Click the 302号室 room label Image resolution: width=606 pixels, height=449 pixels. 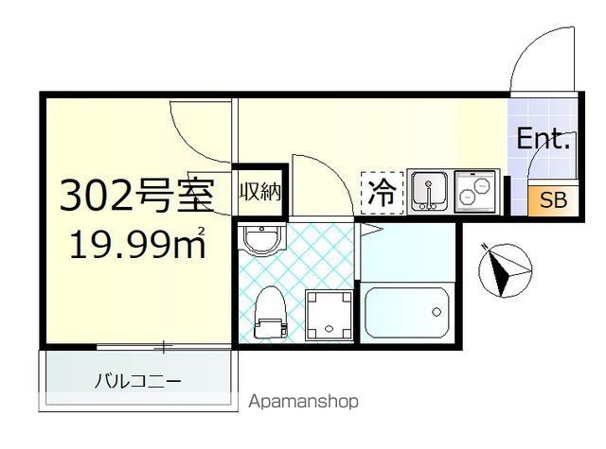pyautogui.click(x=136, y=197)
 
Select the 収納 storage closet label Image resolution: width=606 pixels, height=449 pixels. pyautogui.click(x=260, y=191)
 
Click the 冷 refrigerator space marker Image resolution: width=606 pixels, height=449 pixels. pyautogui.click(x=382, y=193)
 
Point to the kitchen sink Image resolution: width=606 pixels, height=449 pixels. pyautogui.click(x=429, y=191)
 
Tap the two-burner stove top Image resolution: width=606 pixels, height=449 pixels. pyautogui.click(x=475, y=191)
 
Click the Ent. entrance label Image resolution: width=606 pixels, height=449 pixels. pyautogui.click(x=543, y=139)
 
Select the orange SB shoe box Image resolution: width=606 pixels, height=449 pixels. pyautogui.click(x=553, y=201)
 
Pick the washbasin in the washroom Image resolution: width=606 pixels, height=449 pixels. pyautogui.click(x=261, y=239)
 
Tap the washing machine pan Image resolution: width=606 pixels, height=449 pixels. pyautogui.click(x=329, y=315)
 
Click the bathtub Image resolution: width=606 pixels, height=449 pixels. pyautogui.click(x=407, y=313)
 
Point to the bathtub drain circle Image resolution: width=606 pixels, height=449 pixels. pyautogui.click(x=437, y=311)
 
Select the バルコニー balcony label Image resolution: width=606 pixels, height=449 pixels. pyautogui.click(x=137, y=381)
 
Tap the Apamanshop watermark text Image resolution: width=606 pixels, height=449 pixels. pyautogui.click(x=303, y=402)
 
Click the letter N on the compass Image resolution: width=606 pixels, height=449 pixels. pyautogui.click(x=484, y=246)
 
